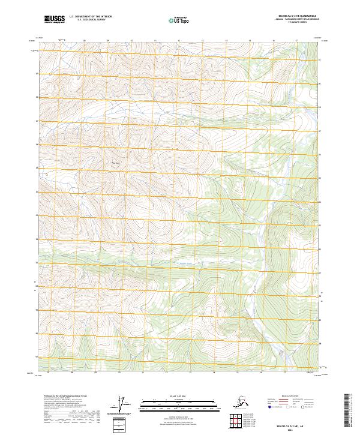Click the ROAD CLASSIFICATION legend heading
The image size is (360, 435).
click(292, 397)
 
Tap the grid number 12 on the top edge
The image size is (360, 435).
click(178, 41)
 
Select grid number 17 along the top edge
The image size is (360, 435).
click(296, 41)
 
